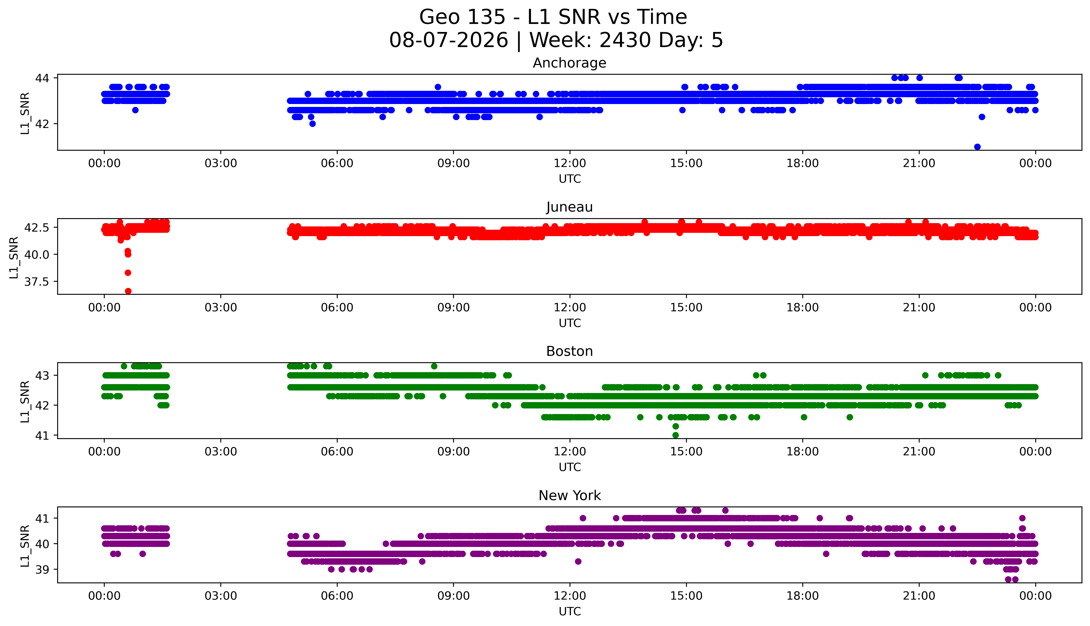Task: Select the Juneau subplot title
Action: point(570,207)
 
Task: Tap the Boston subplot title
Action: point(570,351)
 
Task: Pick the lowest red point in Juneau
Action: point(128,291)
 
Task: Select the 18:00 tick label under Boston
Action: point(803,451)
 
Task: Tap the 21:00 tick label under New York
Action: point(919,596)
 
